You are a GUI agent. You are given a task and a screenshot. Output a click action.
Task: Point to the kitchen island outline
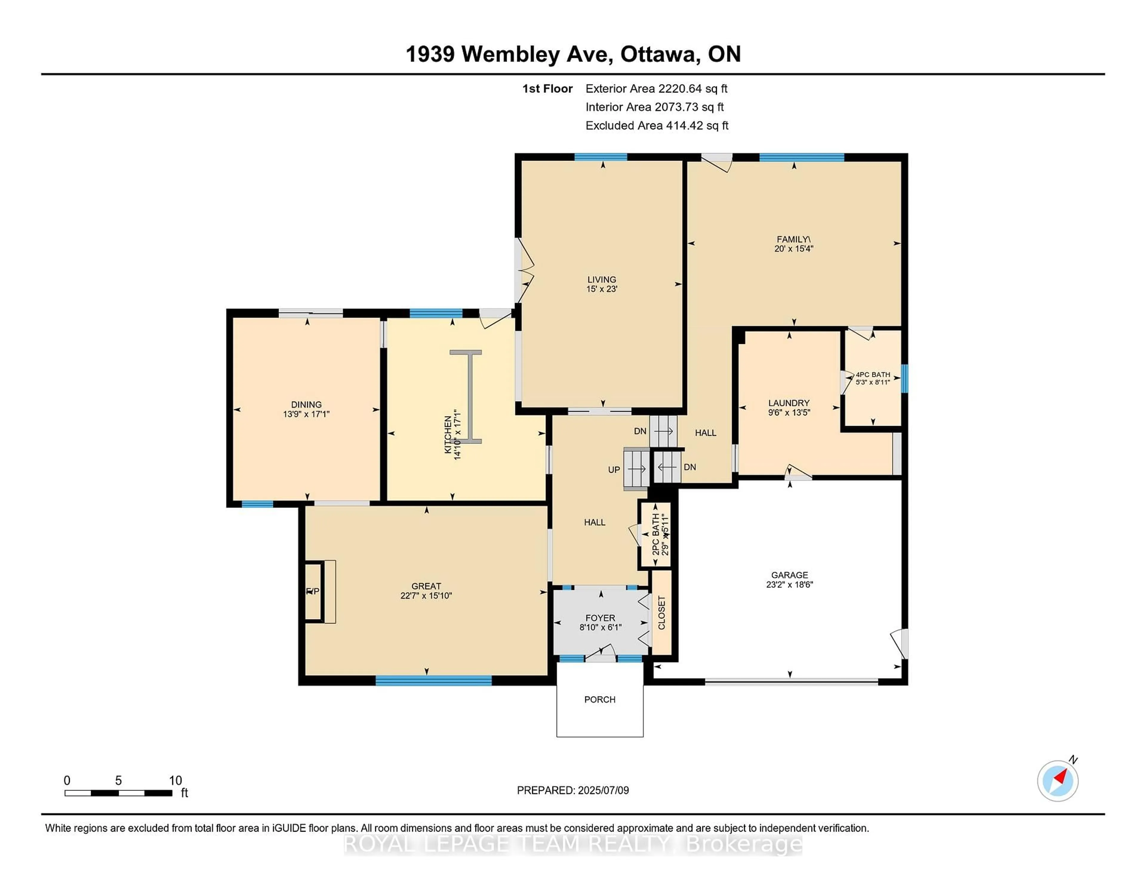(x=466, y=397)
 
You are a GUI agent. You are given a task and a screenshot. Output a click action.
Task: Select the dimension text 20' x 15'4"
(x=793, y=249)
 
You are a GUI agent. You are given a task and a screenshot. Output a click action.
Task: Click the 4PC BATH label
(x=873, y=375)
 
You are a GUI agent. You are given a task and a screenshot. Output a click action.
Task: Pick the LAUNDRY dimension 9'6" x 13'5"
(x=789, y=413)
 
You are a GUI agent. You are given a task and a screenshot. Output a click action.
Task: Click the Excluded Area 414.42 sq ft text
(x=657, y=125)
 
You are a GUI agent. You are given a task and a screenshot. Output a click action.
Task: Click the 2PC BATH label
(x=655, y=535)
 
